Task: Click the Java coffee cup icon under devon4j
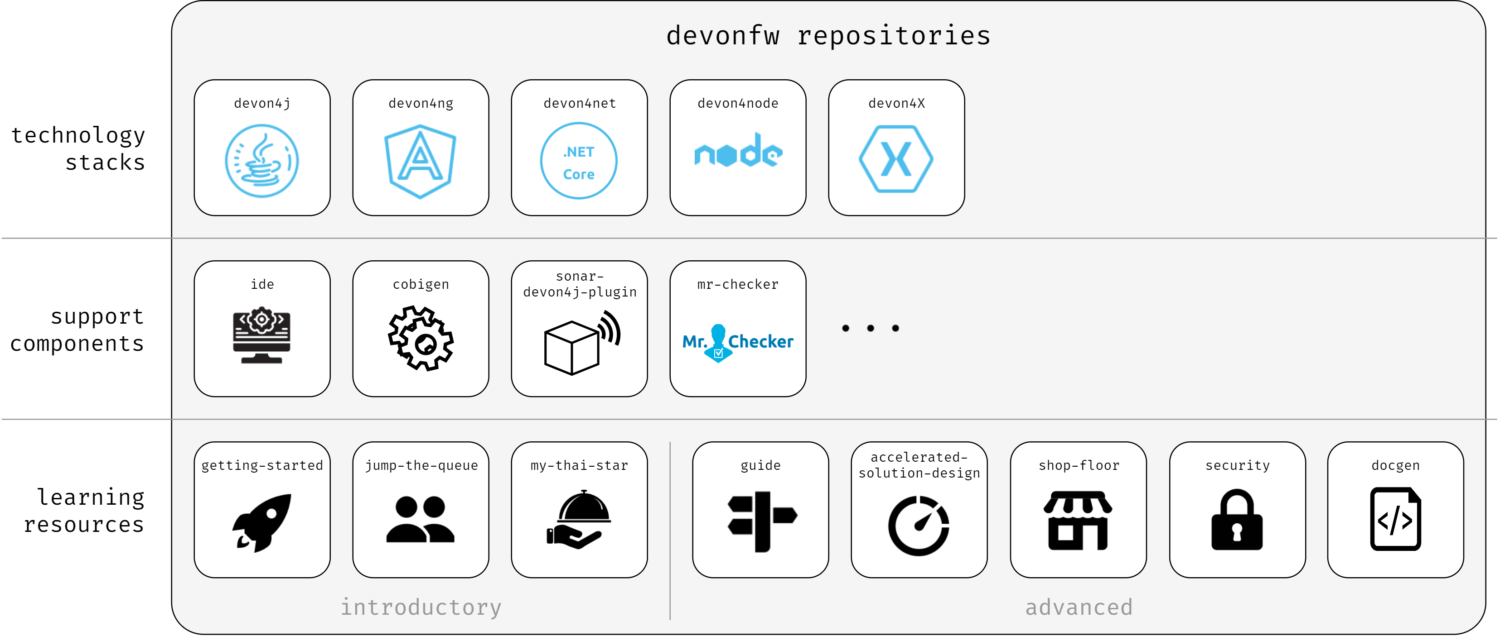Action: (x=261, y=161)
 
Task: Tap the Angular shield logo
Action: (x=421, y=161)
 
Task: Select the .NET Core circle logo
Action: (x=579, y=161)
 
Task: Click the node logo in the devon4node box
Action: (x=738, y=151)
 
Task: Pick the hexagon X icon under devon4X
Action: (x=896, y=159)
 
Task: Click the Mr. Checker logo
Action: (x=738, y=342)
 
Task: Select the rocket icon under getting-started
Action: (x=262, y=522)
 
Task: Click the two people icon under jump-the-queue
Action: (x=421, y=520)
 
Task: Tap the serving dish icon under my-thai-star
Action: (x=579, y=520)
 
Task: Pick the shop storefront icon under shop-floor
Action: (x=1078, y=521)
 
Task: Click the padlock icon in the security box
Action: (x=1237, y=520)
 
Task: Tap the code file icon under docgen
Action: (x=1395, y=519)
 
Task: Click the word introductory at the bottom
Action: (x=421, y=607)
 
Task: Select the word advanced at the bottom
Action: (x=1079, y=607)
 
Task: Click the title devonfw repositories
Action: (x=828, y=35)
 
